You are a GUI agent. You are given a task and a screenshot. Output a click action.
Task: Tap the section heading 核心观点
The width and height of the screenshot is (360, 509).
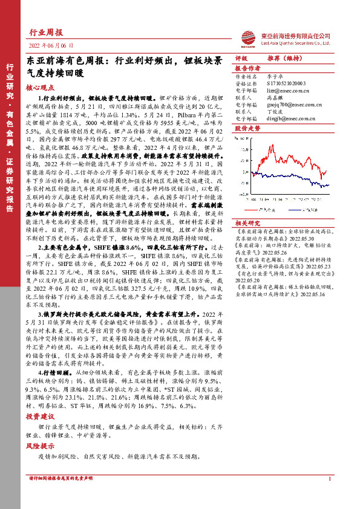click(x=39, y=88)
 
